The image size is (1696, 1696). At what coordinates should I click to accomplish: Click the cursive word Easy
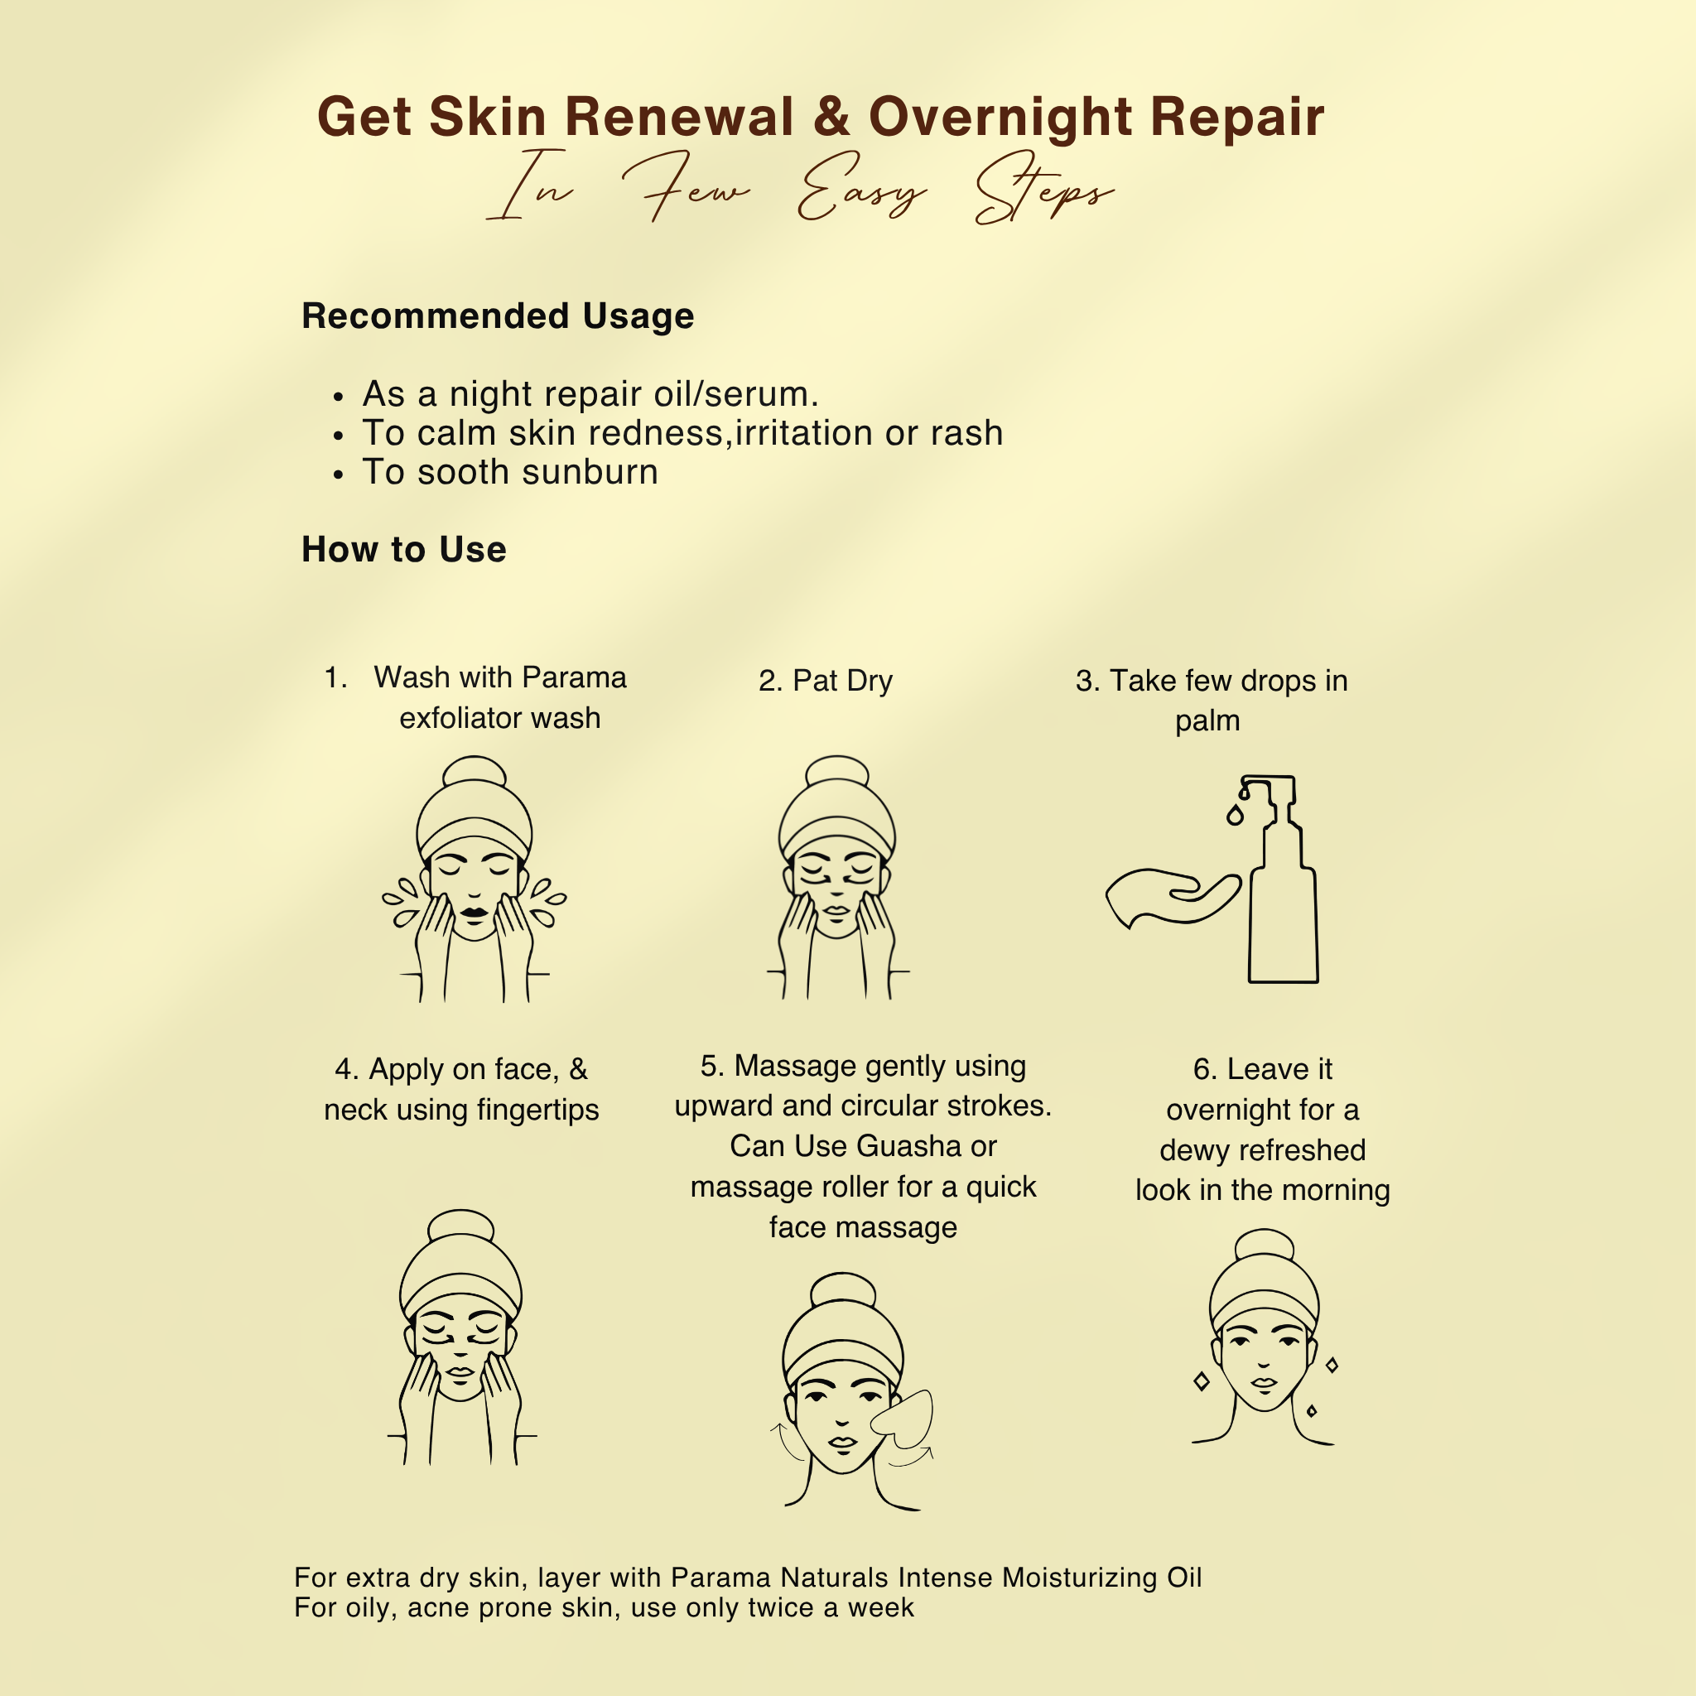(860, 188)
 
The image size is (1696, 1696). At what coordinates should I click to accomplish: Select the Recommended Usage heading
(498, 316)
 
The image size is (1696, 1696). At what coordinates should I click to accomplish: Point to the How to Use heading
(404, 550)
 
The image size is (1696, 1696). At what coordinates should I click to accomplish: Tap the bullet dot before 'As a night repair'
(339, 398)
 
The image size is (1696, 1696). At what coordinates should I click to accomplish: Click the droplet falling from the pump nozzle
(1235, 816)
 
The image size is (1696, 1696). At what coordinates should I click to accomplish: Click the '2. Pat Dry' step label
(825, 681)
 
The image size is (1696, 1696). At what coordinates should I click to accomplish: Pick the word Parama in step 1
(574, 677)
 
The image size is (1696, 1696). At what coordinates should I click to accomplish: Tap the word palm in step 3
(1208, 720)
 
